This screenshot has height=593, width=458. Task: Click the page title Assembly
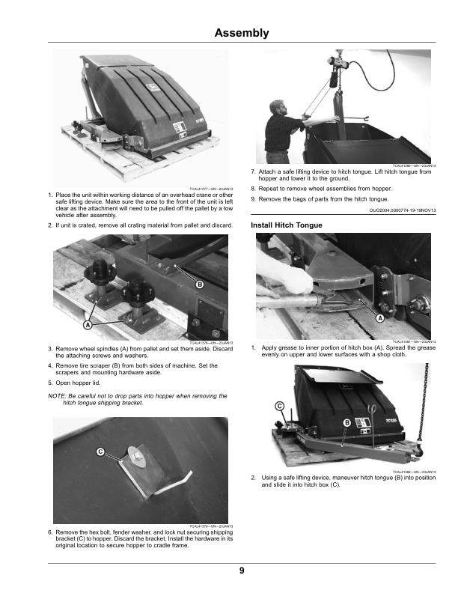pos(241,33)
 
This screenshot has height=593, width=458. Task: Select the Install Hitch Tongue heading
pos(287,225)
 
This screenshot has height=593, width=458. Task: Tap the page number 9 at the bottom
pos(242,571)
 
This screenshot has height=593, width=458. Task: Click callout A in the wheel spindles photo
pos(87,326)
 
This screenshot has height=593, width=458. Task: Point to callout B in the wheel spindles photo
pos(200,285)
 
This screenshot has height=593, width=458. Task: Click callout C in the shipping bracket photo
pos(99,451)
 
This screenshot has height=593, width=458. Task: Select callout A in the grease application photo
pos(379,317)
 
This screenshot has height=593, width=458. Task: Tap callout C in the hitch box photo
pos(279,405)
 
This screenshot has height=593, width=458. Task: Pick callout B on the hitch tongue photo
pos(347,424)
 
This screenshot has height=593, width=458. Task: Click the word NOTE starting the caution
pos(57,395)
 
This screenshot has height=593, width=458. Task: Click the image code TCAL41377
pos(203,189)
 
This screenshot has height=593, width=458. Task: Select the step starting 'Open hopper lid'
pos(82,380)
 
